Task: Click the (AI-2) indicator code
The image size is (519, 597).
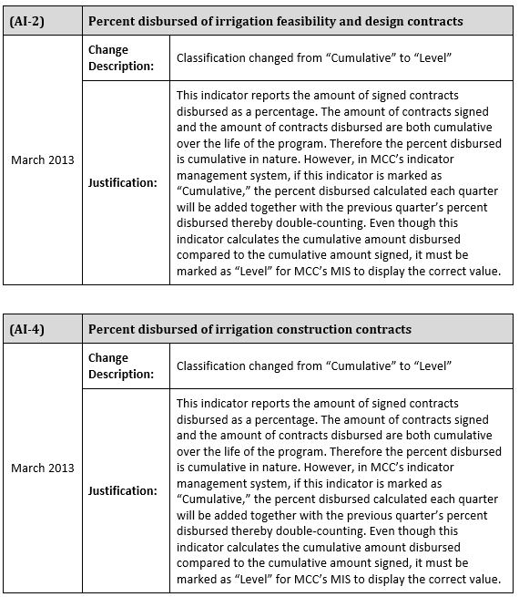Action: click(26, 21)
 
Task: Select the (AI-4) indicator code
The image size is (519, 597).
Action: click(26, 329)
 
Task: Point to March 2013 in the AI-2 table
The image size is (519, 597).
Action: click(43, 160)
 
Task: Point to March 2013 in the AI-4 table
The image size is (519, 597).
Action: click(43, 468)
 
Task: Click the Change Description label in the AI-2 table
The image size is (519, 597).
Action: click(120, 57)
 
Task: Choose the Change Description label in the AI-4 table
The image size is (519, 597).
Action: click(120, 365)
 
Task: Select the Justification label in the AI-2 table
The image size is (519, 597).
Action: click(122, 182)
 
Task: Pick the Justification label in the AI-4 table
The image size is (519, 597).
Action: click(122, 490)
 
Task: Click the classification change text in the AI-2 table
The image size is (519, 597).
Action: click(315, 58)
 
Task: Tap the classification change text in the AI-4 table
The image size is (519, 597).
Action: click(315, 366)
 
